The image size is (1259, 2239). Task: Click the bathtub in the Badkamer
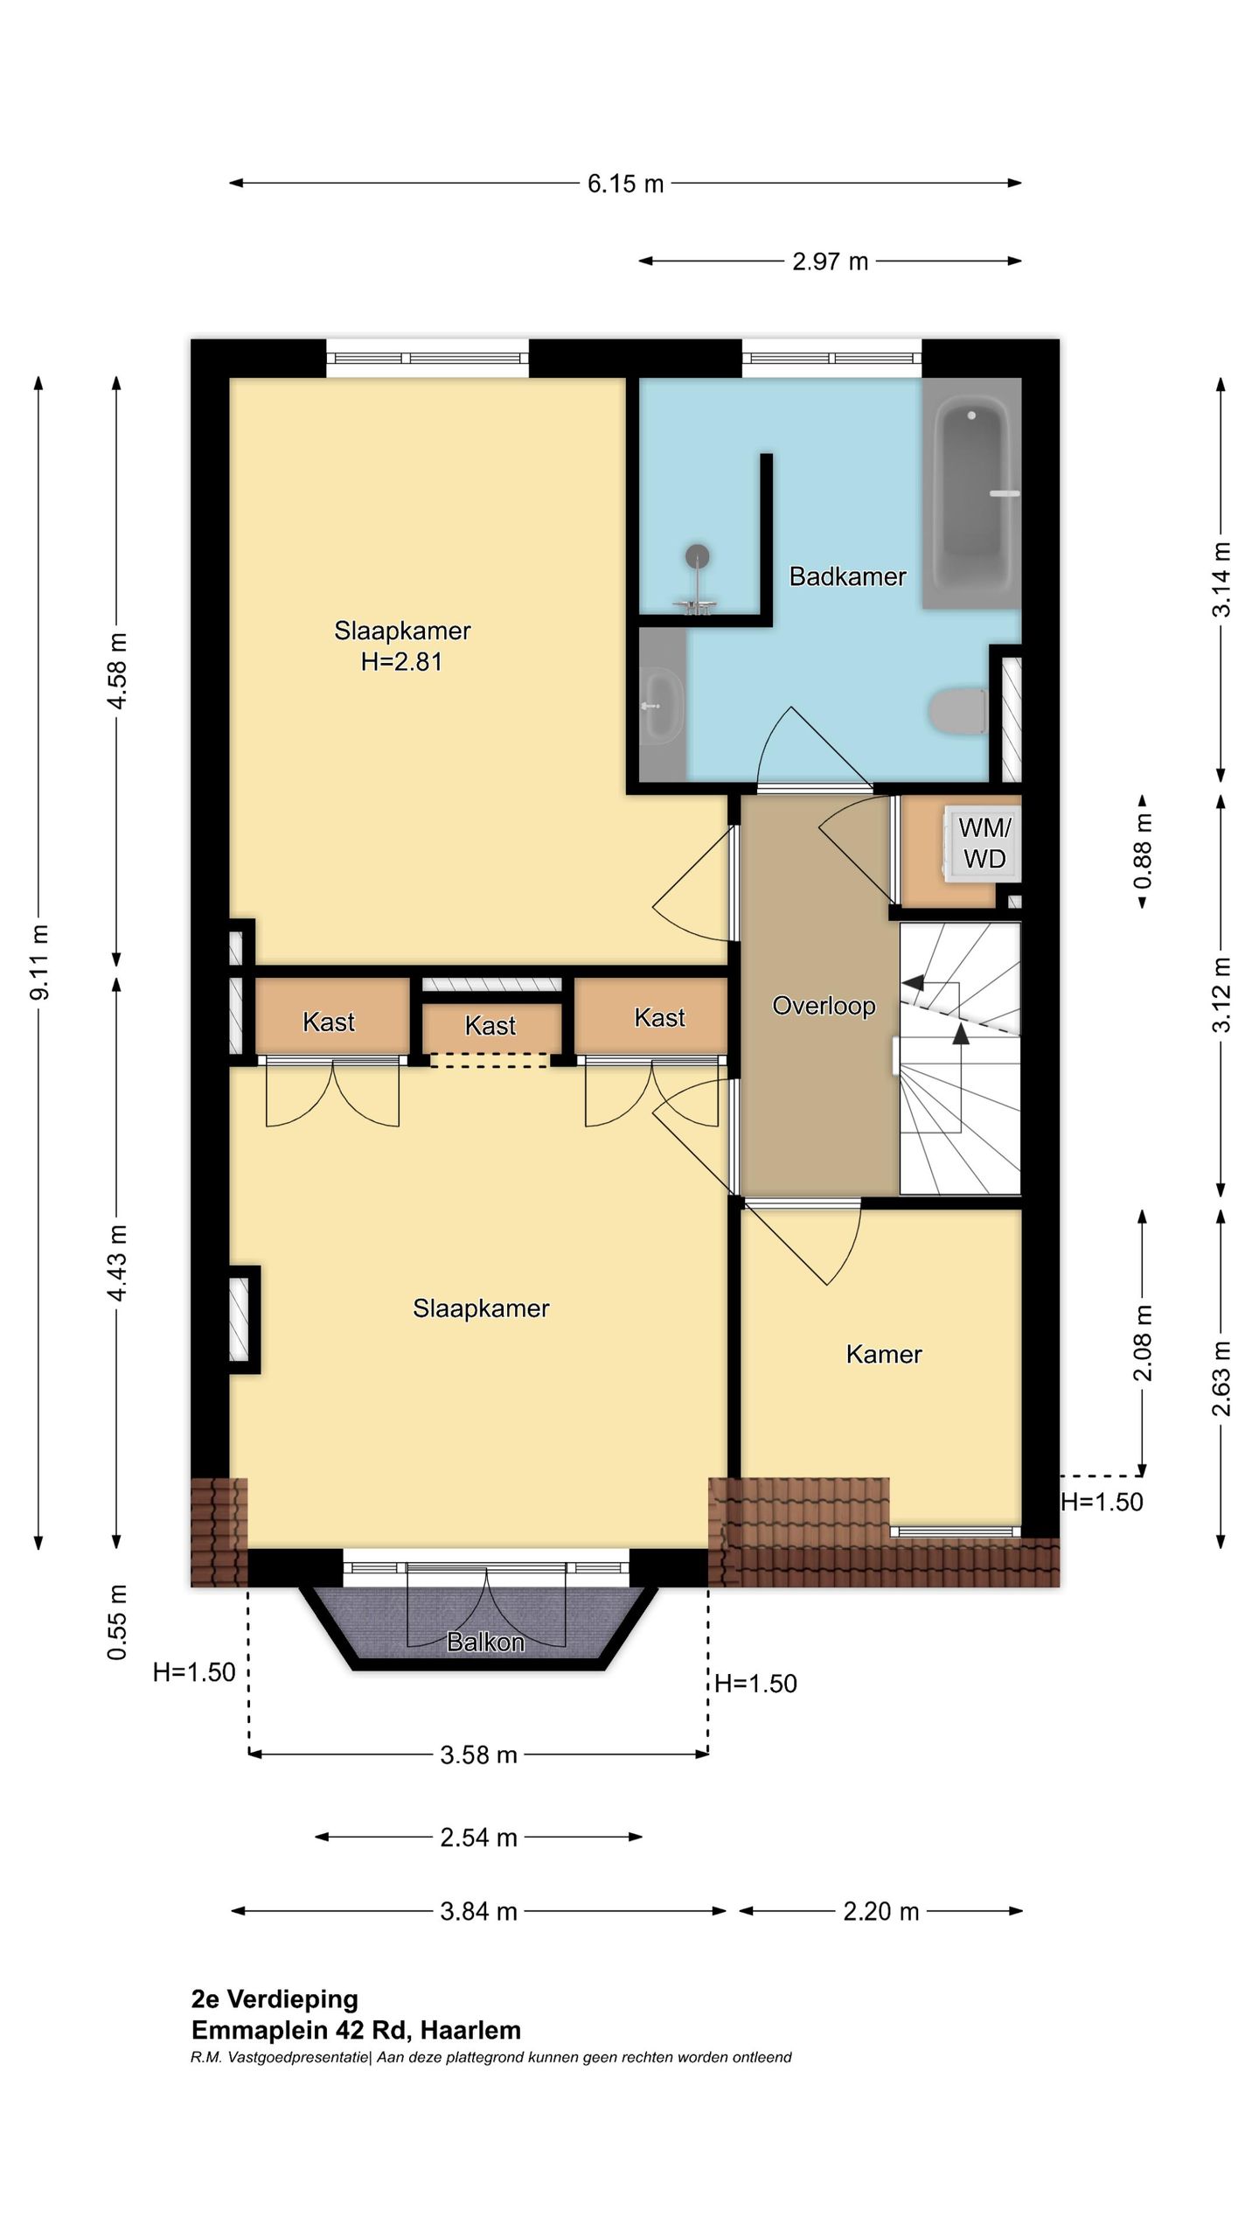971,492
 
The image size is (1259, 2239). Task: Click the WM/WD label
984,843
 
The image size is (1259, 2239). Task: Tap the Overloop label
824,1006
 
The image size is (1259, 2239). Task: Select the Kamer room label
884,1355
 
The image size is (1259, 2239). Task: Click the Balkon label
485,1643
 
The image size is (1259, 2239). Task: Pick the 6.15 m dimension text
625,184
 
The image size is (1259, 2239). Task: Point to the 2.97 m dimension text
830,262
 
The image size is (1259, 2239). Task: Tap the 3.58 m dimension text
478,1755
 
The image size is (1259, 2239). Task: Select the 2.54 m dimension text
478,1838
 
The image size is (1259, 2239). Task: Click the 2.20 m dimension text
881,1912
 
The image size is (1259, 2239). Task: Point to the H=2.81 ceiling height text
401,662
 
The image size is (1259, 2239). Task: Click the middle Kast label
490,1026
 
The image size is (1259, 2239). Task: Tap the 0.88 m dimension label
1143,851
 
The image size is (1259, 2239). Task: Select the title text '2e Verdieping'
275,1999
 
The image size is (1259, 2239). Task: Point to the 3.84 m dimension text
478,1912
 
